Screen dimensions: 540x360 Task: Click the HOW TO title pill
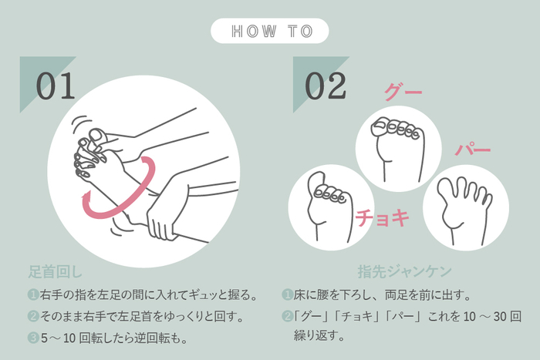pyautogui.click(x=270, y=31)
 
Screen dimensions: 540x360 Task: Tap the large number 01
pyautogui.click(x=56, y=86)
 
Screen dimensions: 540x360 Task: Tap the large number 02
pyautogui.click(x=326, y=86)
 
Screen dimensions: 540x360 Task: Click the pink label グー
pyautogui.click(x=403, y=92)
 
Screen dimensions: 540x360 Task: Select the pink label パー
pyautogui.click(x=472, y=150)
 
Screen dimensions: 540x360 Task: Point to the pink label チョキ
pyautogui.click(x=383, y=217)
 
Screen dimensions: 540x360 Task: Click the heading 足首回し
pyautogui.click(x=55, y=271)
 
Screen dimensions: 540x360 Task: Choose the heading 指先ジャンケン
pyautogui.click(x=405, y=271)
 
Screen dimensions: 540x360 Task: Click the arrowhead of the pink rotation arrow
pyautogui.click(x=86, y=198)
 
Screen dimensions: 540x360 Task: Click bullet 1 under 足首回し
pyautogui.click(x=33, y=294)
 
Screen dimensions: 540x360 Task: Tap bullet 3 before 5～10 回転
pyautogui.click(x=33, y=338)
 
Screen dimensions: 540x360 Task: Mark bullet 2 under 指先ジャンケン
pyautogui.click(x=287, y=316)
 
